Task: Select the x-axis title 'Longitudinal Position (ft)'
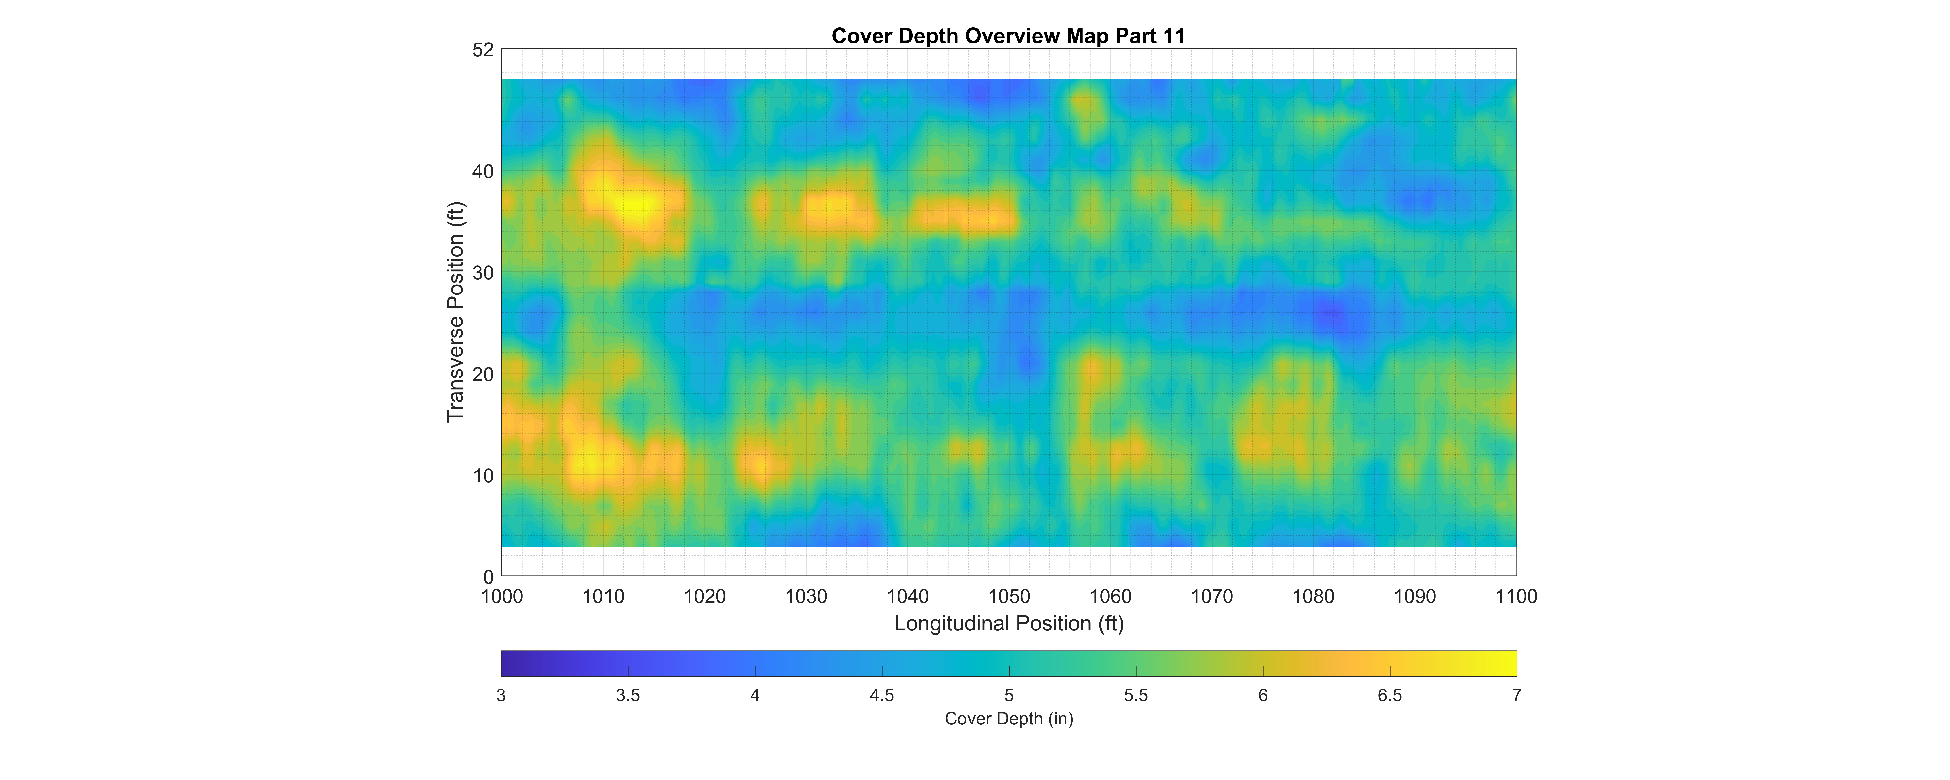pyautogui.click(x=1008, y=623)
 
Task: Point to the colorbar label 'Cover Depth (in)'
pyautogui.click(x=1008, y=719)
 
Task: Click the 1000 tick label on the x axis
pyautogui.click(x=501, y=597)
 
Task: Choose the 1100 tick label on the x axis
pyautogui.click(x=1516, y=597)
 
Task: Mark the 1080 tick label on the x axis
pyautogui.click(x=1313, y=597)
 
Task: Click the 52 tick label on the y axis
pyautogui.click(x=483, y=50)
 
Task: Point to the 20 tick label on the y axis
pyautogui.click(x=483, y=374)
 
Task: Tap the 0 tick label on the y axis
pyautogui.click(x=488, y=577)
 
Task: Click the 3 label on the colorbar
pyautogui.click(x=501, y=695)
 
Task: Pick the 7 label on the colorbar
pyautogui.click(x=1516, y=695)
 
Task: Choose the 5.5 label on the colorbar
pyautogui.click(x=1135, y=695)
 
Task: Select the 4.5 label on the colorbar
pyautogui.click(x=882, y=695)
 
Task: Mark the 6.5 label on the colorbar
pyautogui.click(x=1390, y=695)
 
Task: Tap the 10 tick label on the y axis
pyautogui.click(x=483, y=476)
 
